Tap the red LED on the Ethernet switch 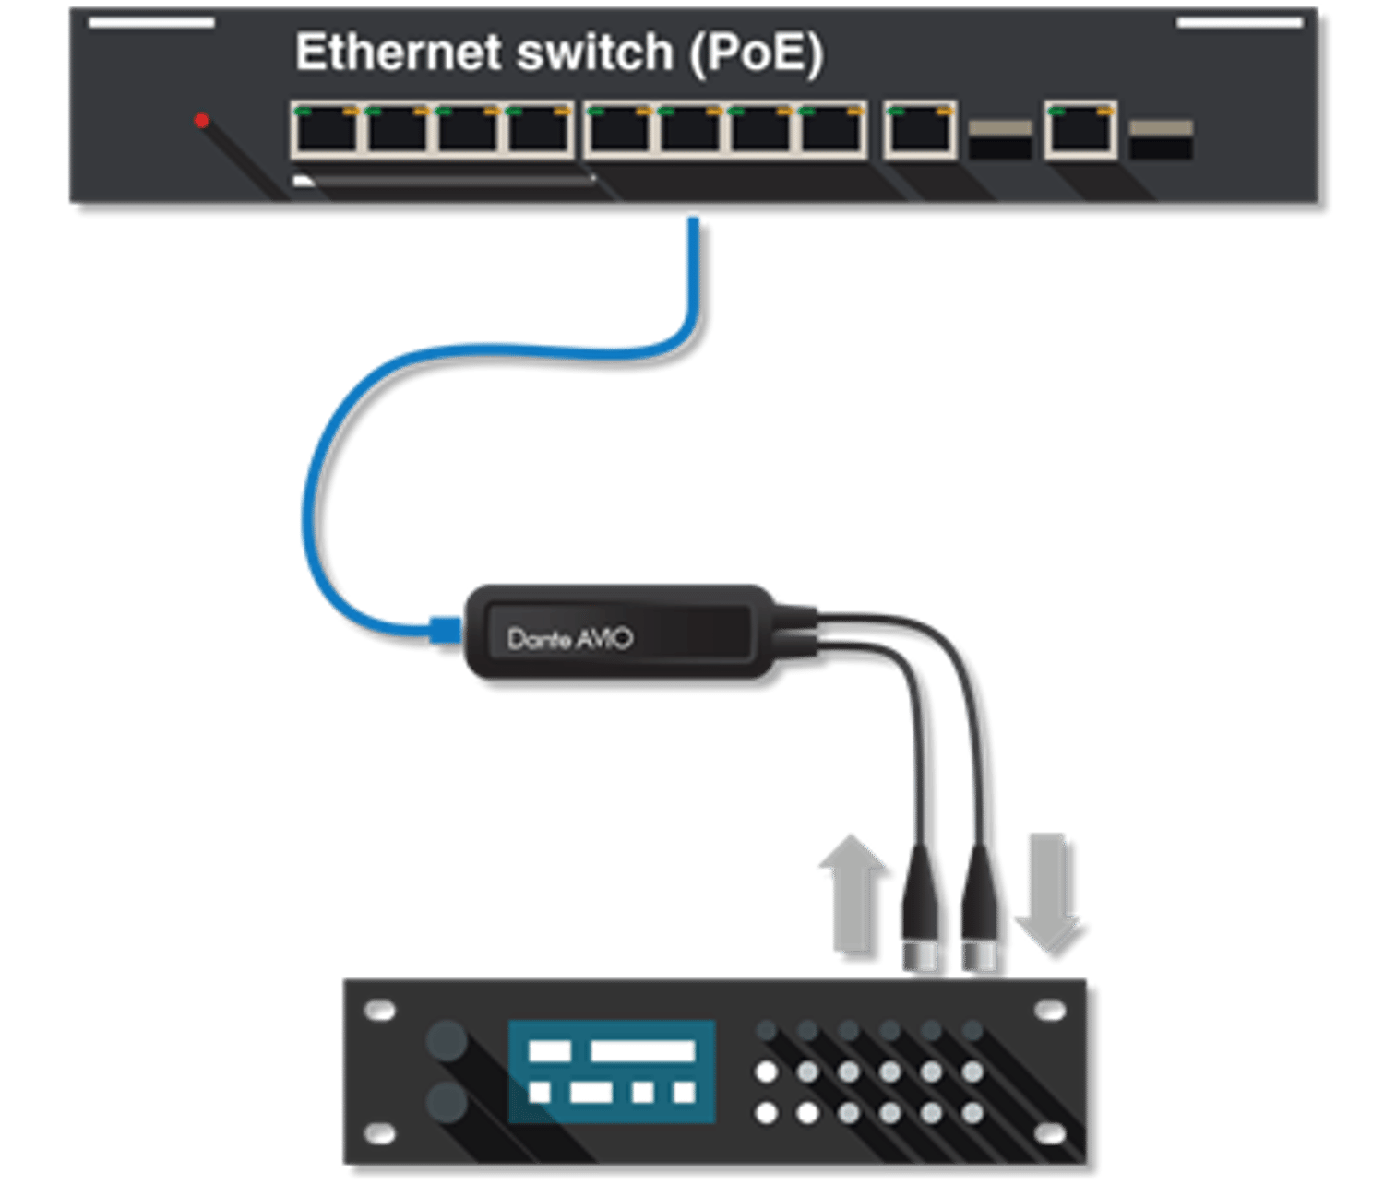[x=201, y=121]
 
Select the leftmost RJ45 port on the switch [x=325, y=130]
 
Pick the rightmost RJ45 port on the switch [x=1080, y=130]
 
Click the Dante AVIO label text [x=569, y=638]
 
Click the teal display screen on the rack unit [x=612, y=1072]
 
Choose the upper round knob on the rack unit [x=447, y=1041]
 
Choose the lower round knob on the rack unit [x=447, y=1101]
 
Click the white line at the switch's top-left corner [x=152, y=22]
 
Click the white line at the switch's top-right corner [x=1239, y=22]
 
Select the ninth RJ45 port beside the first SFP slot [x=919, y=130]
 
